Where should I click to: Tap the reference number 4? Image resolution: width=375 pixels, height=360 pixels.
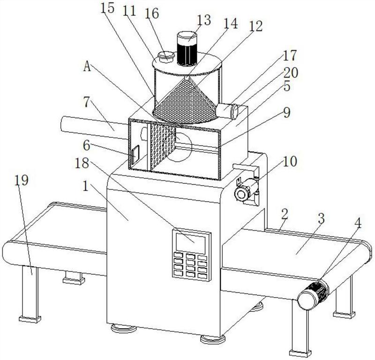[358, 222]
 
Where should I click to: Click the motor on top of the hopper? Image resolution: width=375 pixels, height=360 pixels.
[188, 48]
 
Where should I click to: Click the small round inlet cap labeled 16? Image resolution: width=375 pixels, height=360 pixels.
[165, 56]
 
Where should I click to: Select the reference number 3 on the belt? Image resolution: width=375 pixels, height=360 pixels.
[321, 219]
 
